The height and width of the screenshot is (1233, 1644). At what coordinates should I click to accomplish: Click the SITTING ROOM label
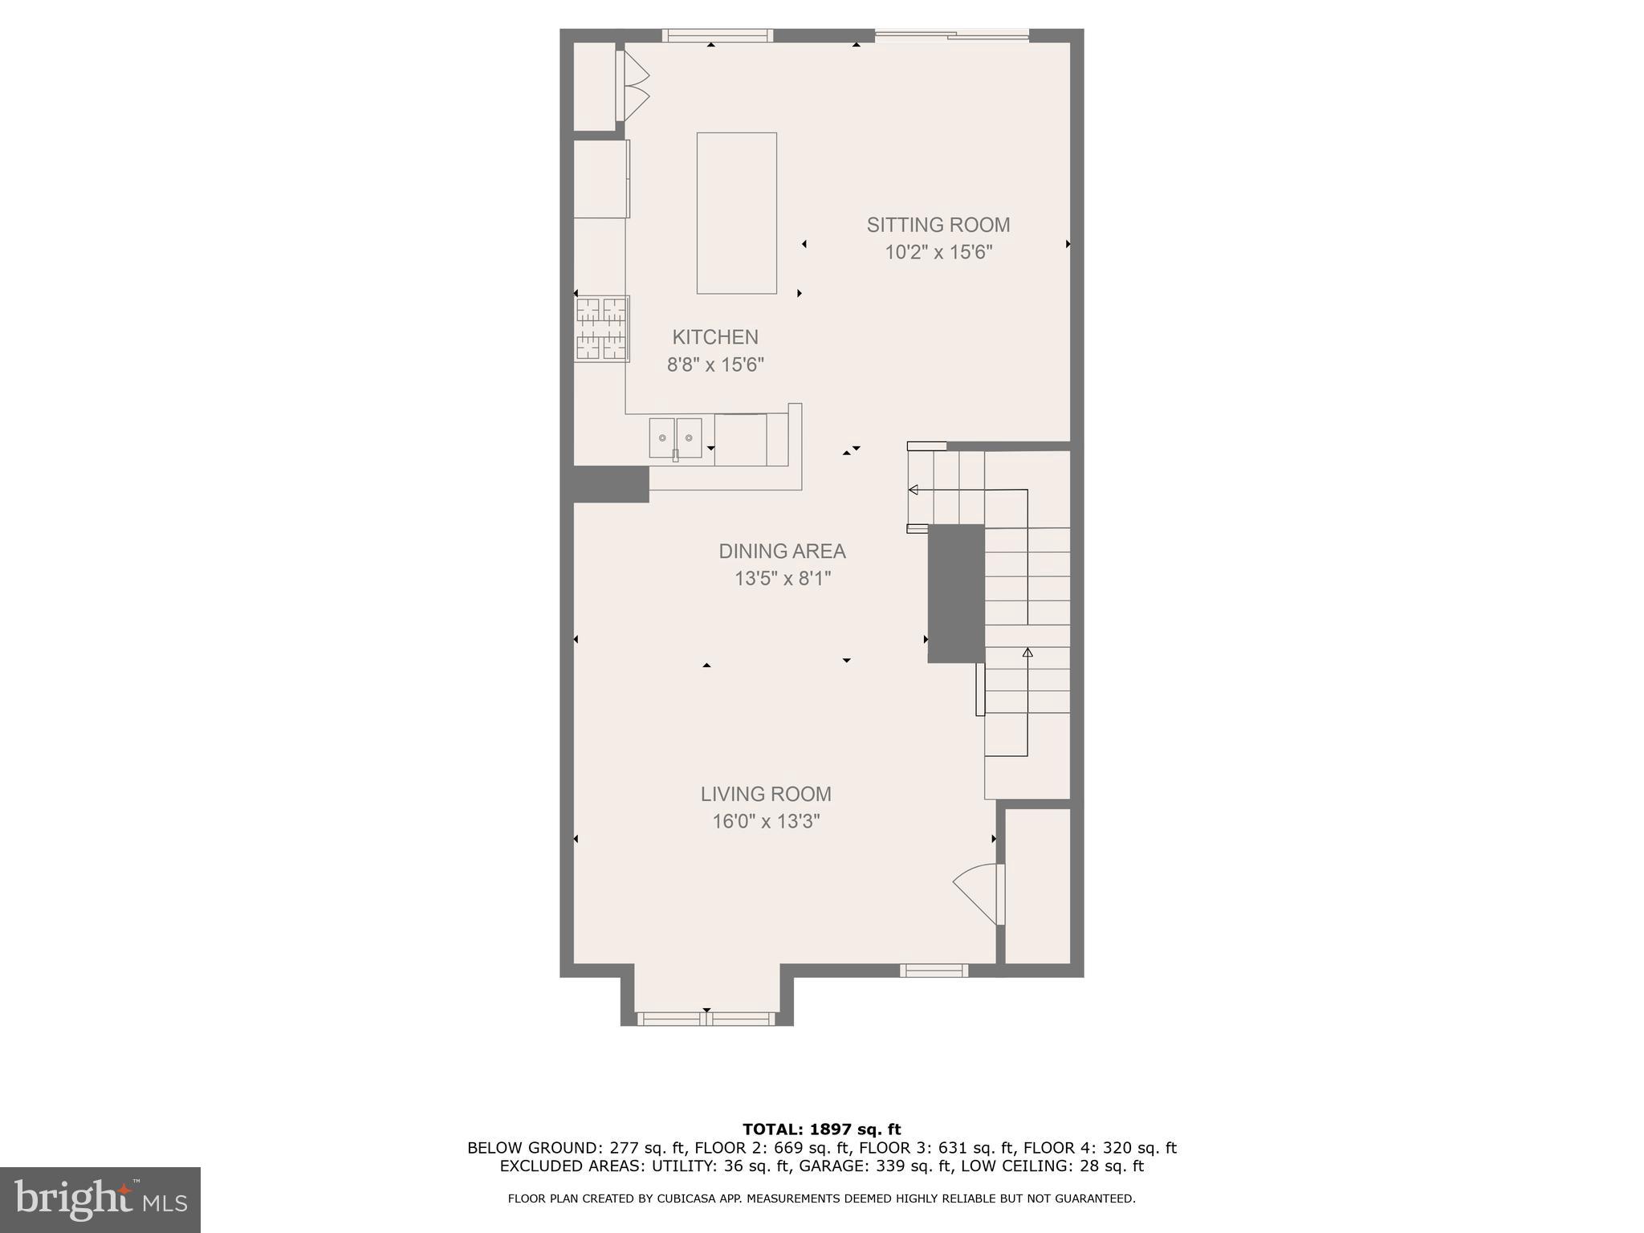[938, 225]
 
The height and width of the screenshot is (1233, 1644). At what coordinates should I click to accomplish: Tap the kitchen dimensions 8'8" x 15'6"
[715, 365]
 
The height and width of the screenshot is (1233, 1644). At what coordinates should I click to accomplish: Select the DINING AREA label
[782, 551]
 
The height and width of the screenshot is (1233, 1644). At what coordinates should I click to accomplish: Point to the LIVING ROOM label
[766, 794]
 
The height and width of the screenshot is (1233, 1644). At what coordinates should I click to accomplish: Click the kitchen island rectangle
[736, 213]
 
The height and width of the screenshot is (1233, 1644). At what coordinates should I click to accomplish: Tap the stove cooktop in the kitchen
[601, 328]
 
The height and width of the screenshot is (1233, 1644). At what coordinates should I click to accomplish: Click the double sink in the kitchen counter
[675, 438]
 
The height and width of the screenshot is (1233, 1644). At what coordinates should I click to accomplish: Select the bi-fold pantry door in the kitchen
[635, 87]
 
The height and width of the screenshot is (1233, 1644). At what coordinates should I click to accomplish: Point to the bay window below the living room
[706, 1019]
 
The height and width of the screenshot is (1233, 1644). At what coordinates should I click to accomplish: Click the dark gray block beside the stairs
[955, 593]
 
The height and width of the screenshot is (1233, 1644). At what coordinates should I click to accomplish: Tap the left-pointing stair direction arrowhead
[913, 490]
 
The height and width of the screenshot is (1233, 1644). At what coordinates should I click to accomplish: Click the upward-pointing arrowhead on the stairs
[1027, 653]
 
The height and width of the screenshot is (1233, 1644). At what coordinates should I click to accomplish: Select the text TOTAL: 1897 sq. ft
[821, 1129]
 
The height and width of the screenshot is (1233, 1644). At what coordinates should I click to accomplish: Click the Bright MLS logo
[100, 1199]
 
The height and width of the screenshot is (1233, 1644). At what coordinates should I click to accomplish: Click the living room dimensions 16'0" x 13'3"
[766, 821]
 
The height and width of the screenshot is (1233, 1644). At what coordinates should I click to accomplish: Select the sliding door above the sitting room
[951, 35]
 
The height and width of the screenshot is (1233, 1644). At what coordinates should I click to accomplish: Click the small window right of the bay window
[933, 971]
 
